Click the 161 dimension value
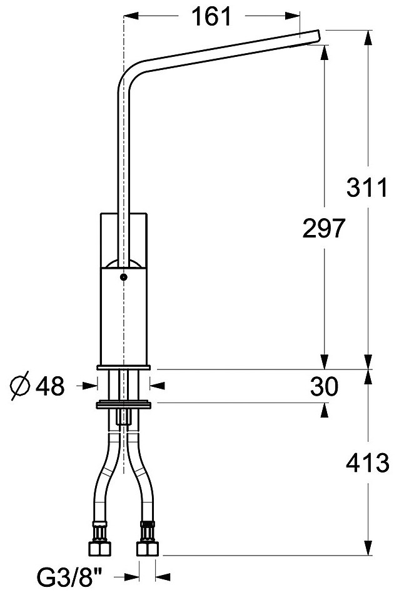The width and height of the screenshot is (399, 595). [x=212, y=17]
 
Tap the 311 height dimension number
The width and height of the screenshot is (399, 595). [x=366, y=187]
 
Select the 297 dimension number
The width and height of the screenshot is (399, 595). [x=323, y=228]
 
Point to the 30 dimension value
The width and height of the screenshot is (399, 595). [x=324, y=387]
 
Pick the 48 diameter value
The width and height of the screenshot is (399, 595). [x=50, y=387]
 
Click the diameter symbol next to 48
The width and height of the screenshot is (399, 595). [x=20, y=386]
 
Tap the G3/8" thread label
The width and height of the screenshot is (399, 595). [x=70, y=578]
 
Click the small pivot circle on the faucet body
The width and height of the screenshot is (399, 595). [x=123, y=277]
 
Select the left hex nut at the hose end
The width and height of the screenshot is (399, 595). [x=99, y=548]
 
